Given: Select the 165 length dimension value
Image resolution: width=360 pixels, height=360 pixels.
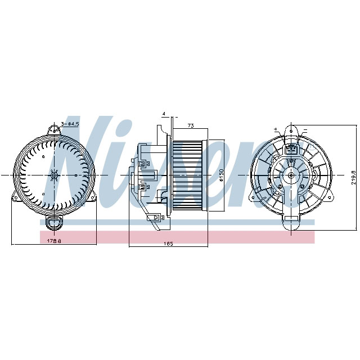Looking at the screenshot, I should click(x=168, y=243).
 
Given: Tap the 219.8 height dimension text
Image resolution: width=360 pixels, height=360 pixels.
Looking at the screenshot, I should click(x=354, y=178).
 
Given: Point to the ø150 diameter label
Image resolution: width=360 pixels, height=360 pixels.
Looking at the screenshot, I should click(x=222, y=175).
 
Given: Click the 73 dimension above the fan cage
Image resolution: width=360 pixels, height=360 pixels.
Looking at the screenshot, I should click(x=191, y=125).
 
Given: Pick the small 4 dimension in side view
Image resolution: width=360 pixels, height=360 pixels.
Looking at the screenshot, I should click(x=164, y=114).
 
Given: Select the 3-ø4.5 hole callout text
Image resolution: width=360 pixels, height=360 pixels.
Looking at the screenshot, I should click(x=70, y=123).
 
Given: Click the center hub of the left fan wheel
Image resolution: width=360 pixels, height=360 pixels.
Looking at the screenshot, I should click(x=55, y=175).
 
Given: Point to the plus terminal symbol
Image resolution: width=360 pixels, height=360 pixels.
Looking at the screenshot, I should click(x=276, y=129).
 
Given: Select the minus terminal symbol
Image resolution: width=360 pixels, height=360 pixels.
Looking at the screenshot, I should click(x=305, y=129).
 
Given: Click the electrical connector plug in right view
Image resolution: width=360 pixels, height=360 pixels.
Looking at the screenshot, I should click(x=291, y=150).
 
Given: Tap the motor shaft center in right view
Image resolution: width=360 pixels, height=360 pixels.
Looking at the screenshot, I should click(x=291, y=175).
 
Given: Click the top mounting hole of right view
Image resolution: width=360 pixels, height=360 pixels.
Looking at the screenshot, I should click(x=291, y=132).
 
